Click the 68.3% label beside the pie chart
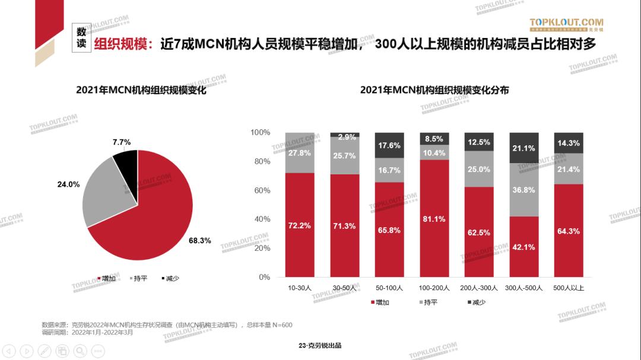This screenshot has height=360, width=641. [200, 241]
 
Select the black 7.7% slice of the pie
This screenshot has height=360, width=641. [126, 161]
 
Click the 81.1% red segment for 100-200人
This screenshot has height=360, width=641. [434, 218]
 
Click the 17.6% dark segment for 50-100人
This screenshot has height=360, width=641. [389, 145]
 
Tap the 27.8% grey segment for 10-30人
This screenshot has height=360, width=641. [300, 152]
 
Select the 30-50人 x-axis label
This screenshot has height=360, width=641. [344, 288]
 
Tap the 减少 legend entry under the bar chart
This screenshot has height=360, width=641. [475, 302]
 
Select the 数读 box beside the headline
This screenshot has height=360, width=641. [82, 38]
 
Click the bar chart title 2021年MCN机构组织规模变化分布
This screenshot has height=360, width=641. [434, 90]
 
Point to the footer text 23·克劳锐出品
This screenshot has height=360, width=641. [320, 346]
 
